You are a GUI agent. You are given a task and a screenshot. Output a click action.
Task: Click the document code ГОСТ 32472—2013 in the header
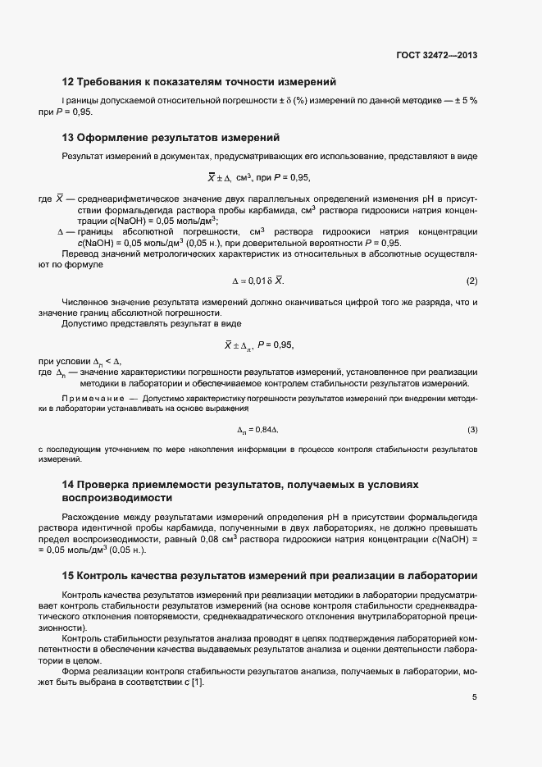[x=435, y=56]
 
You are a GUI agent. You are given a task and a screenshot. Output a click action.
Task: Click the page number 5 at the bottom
[x=474, y=697]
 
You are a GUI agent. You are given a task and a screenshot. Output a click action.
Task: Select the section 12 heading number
[x=68, y=81]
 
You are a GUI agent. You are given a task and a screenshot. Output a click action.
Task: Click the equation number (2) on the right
[x=471, y=281]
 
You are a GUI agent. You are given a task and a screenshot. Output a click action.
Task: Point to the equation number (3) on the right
[x=471, y=430]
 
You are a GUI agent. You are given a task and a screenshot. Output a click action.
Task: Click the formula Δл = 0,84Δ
[x=258, y=430]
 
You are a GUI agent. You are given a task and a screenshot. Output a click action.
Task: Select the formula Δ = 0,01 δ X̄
[x=257, y=281]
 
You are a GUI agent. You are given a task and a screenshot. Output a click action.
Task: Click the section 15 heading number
[x=68, y=574]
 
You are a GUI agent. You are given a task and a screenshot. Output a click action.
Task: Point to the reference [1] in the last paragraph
[x=197, y=673]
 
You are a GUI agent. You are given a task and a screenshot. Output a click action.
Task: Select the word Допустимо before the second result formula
[x=85, y=323]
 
